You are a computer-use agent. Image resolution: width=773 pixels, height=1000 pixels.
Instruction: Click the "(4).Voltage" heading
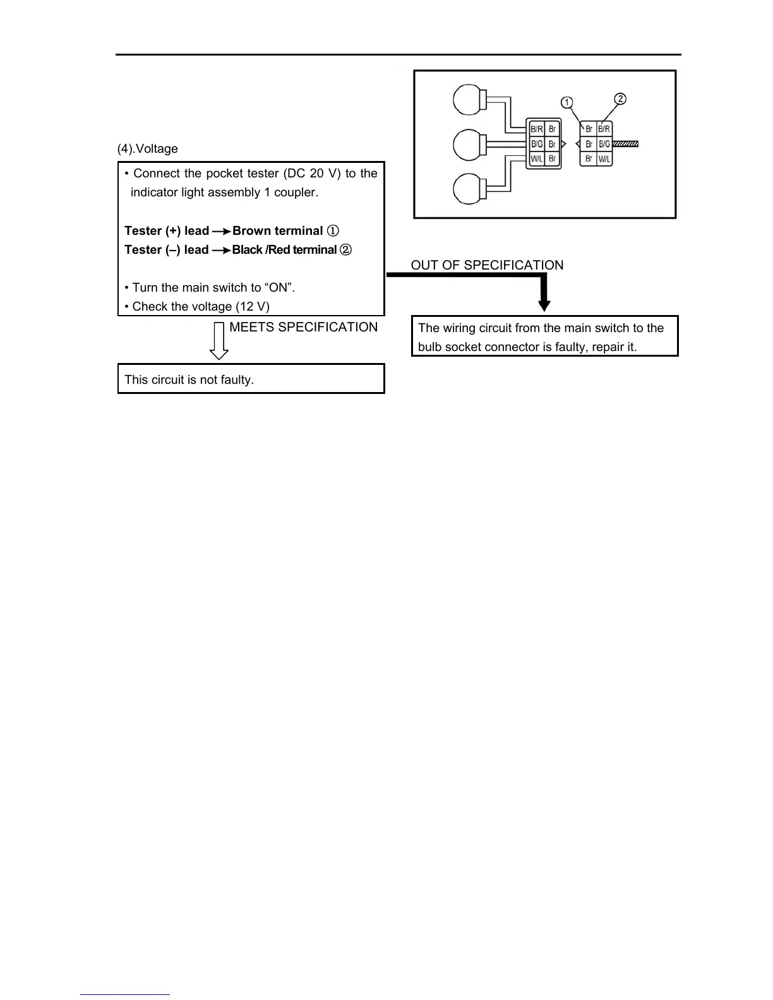148,149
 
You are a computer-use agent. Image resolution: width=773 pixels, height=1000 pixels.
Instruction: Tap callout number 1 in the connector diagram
567,102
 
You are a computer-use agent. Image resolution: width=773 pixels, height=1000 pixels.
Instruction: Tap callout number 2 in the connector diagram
620,99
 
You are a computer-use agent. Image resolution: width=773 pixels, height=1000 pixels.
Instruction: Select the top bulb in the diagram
467,100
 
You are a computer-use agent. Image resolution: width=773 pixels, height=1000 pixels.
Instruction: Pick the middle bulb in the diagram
467,145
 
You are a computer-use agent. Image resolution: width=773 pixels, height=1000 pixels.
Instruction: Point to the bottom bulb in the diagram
467,189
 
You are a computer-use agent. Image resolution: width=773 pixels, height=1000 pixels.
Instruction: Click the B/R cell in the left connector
536,129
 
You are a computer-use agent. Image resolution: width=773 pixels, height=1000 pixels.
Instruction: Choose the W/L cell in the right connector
604,159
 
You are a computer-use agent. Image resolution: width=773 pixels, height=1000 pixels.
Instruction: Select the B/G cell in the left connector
536,145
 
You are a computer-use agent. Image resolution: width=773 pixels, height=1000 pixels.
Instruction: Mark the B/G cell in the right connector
604,145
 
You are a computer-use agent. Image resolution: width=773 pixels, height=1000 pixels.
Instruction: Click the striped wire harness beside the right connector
626,145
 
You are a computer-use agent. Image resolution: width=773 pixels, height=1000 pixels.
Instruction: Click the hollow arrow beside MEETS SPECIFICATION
219,341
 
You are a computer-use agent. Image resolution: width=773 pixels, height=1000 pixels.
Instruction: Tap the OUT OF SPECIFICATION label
487,265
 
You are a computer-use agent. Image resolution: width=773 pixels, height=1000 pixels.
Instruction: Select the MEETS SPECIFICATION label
303,327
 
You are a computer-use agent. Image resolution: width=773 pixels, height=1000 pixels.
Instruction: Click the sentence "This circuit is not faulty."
189,379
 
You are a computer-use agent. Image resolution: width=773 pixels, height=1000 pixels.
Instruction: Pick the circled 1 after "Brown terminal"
333,231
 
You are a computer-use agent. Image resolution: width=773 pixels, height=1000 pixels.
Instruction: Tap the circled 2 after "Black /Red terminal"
345,250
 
